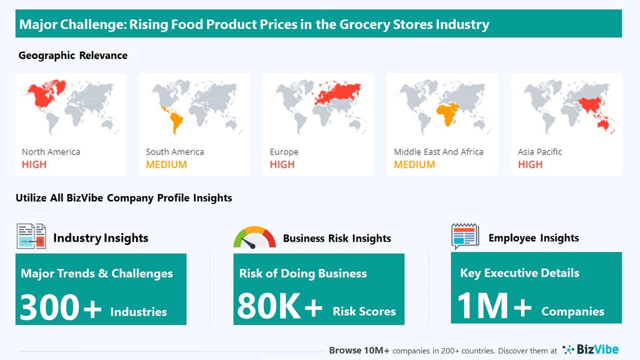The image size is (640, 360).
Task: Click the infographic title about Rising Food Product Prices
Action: point(254,25)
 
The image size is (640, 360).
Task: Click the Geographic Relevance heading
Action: point(73,55)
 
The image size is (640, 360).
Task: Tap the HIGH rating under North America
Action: point(34,164)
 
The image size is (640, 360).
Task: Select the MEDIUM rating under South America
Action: point(166,164)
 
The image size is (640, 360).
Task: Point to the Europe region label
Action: point(284,152)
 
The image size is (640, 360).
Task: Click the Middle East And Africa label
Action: point(438,152)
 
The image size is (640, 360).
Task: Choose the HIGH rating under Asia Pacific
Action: point(530,164)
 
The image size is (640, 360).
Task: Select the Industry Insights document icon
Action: point(31,236)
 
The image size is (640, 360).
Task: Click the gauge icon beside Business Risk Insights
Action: point(254,237)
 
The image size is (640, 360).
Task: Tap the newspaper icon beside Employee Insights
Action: point(465,236)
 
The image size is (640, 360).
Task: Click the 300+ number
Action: point(61,308)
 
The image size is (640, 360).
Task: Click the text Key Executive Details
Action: point(520,273)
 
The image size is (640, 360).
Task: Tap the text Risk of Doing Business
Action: point(303,273)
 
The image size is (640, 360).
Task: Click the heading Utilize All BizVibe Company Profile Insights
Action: point(124,198)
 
